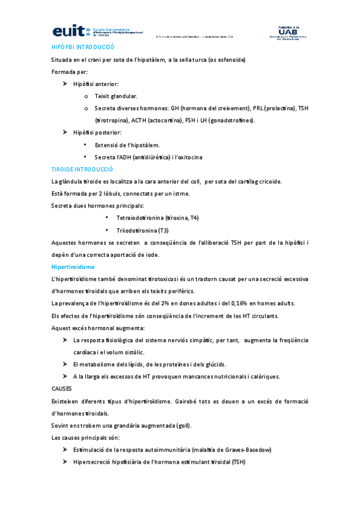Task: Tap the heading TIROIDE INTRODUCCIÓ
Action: pyautogui.click(x=82, y=169)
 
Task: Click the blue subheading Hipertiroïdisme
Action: pyautogui.click(x=73, y=266)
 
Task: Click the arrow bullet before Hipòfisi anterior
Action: pyautogui.click(x=64, y=84)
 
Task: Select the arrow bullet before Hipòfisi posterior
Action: pyautogui.click(x=64, y=132)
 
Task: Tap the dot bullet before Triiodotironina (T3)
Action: pyautogui.click(x=106, y=230)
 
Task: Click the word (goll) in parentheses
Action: pyautogui.click(x=182, y=425)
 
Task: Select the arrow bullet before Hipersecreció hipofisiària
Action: pyautogui.click(x=64, y=462)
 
